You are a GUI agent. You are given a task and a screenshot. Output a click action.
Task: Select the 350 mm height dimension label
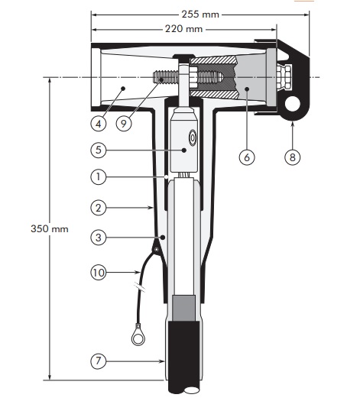[30, 228]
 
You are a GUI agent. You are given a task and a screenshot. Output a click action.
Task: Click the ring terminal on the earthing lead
[138, 335]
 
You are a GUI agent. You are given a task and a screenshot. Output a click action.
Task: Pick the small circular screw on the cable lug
[192, 140]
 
